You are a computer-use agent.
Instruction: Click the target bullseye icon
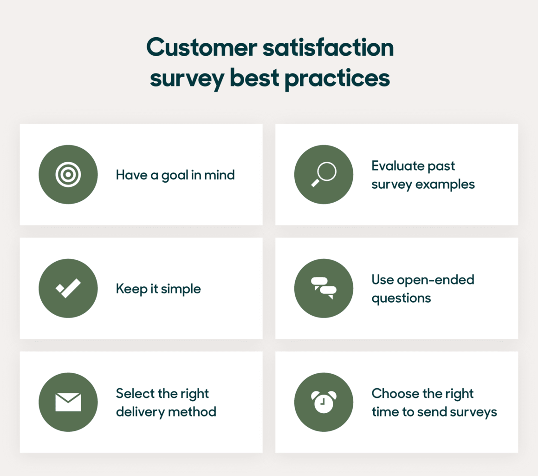(68, 174)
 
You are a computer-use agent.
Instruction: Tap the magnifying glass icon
(324, 174)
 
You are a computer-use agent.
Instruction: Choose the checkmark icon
(68, 288)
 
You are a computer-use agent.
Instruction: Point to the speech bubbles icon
(324, 288)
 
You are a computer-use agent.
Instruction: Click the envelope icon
(68, 402)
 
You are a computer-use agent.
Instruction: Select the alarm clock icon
(324, 402)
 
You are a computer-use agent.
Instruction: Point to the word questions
(401, 298)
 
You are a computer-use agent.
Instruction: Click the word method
(193, 412)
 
